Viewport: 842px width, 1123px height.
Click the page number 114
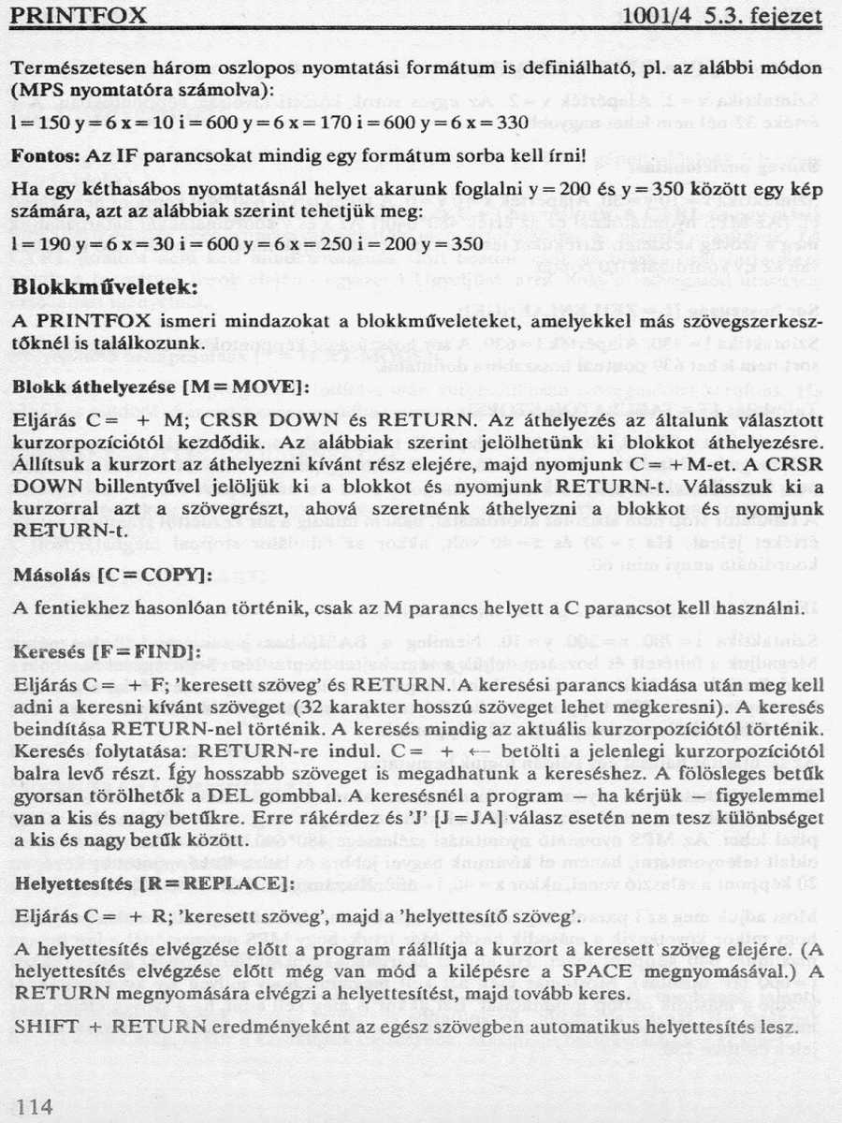(x=35, y=1107)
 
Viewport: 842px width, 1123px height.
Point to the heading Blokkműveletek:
(x=107, y=288)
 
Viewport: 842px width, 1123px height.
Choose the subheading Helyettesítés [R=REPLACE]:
(x=155, y=884)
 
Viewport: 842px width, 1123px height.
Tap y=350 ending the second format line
(x=456, y=243)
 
